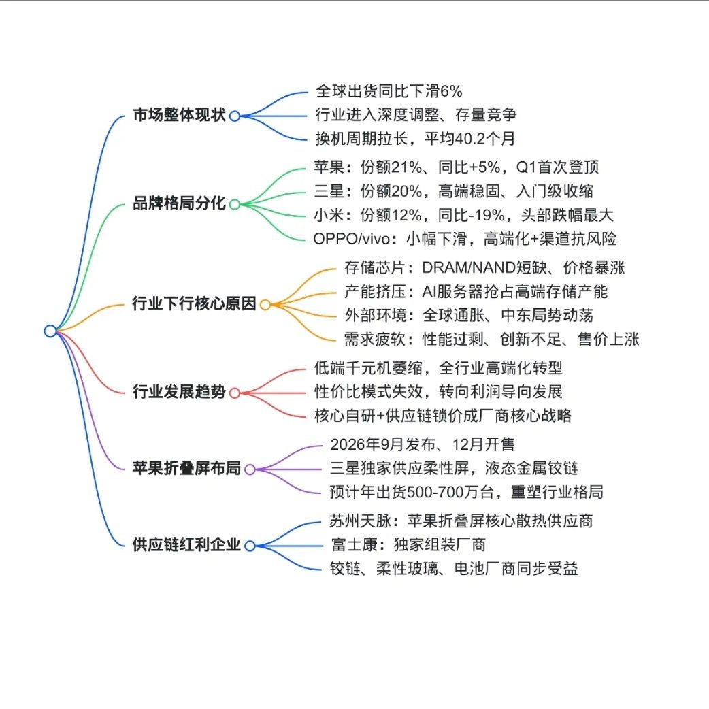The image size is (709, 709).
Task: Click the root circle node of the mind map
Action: [x=50, y=331]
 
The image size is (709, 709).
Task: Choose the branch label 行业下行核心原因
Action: [x=194, y=304]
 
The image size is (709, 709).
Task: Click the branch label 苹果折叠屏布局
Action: [x=186, y=468]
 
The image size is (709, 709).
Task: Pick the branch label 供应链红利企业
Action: [x=186, y=544]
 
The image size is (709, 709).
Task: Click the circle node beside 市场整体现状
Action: [x=234, y=116]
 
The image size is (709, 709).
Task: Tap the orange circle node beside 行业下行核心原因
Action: [x=265, y=305]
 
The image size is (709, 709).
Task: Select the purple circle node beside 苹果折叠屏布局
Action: [x=250, y=469]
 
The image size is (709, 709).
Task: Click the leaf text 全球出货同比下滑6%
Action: [x=389, y=90]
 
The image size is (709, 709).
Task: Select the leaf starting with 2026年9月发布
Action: [x=422, y=444]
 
